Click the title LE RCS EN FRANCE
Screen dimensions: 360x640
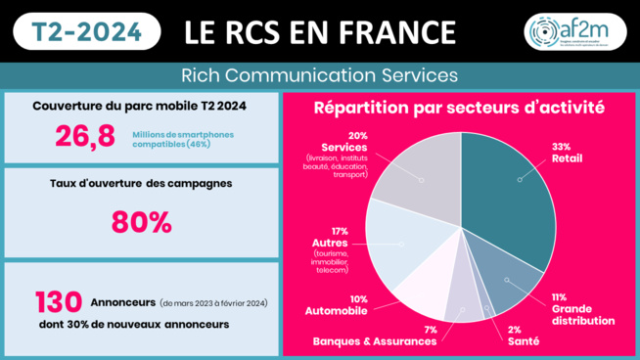click(321, 31)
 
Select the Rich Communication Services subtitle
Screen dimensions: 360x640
click(320, 74)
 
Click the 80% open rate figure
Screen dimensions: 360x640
click(141, 222)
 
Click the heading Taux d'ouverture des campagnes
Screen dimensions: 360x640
click(142, 183)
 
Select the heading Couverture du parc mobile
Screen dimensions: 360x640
click(142, 106)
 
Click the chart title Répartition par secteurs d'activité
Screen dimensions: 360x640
click(460, 107)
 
